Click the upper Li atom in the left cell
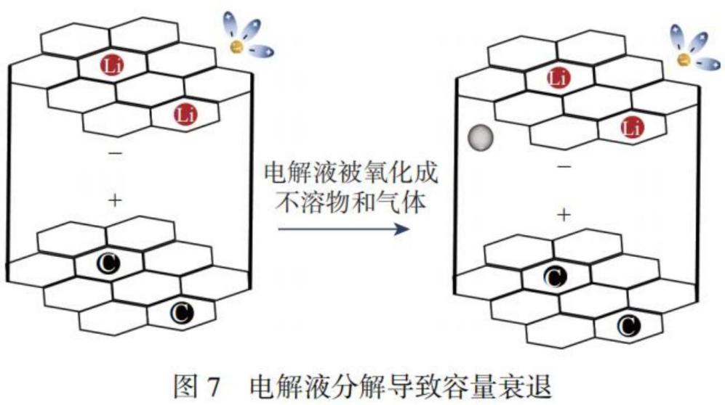[112, 67]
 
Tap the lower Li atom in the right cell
[630, 127]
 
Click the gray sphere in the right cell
[479, 136]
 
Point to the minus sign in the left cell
[115, 153]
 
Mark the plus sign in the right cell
[563, 213]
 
